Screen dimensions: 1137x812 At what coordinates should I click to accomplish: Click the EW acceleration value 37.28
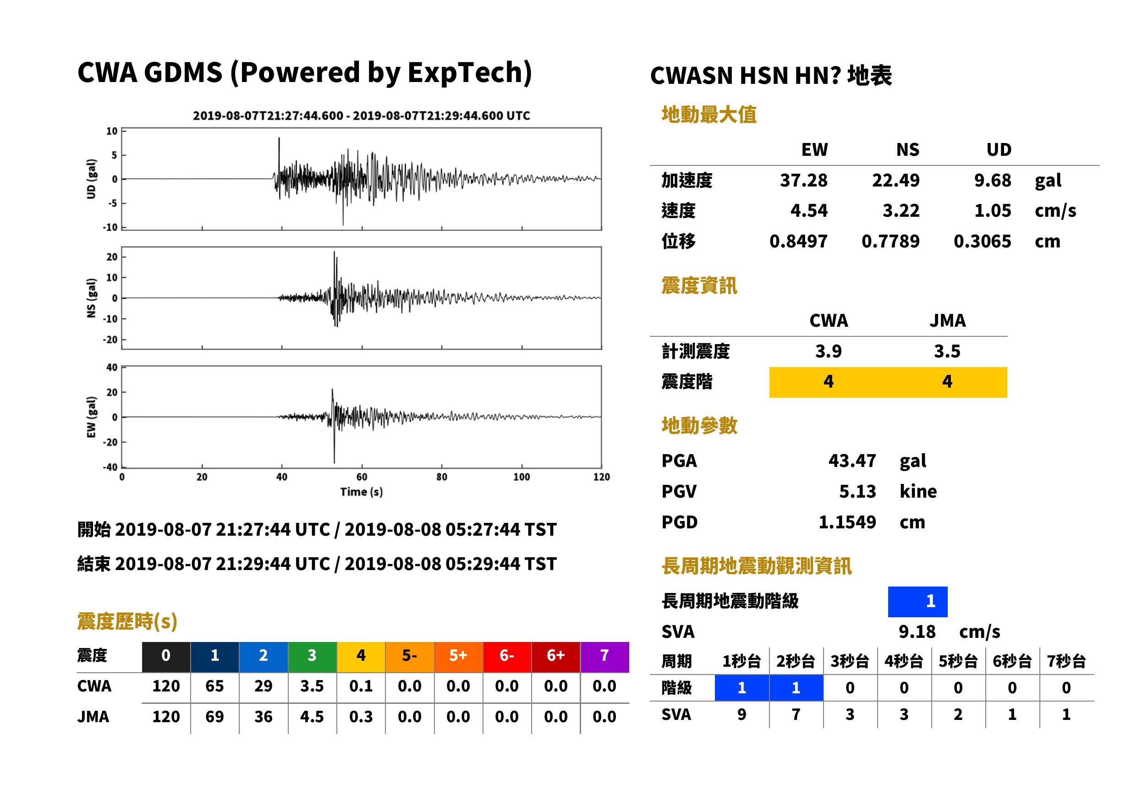coord(803,180)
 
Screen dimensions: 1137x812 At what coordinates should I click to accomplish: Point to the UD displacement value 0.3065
coord(982,241)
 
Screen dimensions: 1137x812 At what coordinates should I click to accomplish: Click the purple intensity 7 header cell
coord(604,655)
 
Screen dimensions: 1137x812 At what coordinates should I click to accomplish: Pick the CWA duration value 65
coord(214,686)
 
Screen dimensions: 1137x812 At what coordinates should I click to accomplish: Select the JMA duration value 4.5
coord(312,717)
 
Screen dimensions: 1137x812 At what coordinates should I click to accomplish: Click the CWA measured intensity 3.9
coord(828,351)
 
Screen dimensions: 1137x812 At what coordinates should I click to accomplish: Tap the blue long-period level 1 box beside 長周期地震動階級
coord(917,601)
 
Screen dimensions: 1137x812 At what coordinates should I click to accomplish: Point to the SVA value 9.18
coord(917,631)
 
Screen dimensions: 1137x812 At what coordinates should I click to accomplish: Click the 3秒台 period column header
coord(850,661)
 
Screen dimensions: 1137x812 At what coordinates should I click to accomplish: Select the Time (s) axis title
coord(361,492)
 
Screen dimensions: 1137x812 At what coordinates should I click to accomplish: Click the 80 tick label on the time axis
coord(441,477)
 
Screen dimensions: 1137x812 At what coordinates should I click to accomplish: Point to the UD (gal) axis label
coord(91,179)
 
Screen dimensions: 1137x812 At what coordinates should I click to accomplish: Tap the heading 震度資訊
coord(698,285)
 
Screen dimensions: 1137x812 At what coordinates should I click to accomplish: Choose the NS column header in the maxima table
coord(907,149)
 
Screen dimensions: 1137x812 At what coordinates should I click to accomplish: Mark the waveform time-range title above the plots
coord(361,115)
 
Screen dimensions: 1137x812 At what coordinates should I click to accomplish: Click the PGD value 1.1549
coord(847,522)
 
